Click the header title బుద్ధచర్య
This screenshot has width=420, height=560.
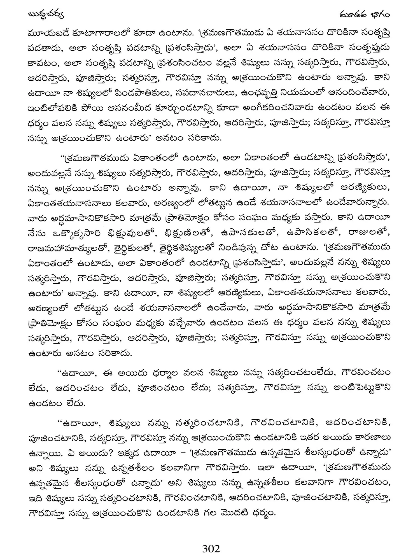tap(46, 14)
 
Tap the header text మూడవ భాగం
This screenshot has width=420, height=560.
tap(364, 14)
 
